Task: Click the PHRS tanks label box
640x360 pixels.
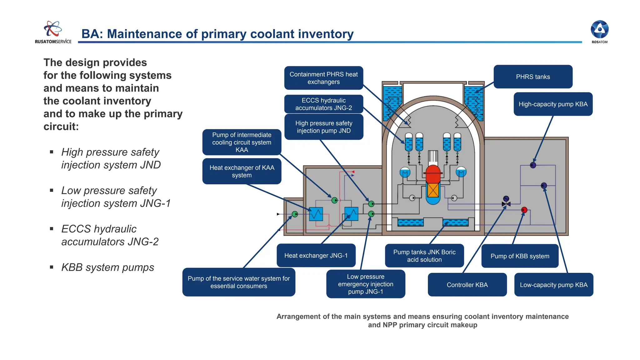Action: tap(533, 77)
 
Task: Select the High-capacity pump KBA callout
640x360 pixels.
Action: tap(553, 104)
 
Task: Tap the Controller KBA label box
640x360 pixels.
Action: tap(467, 285)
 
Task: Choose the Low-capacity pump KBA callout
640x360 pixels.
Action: tap(553, 285)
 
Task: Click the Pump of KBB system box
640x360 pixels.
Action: tap(520, 256)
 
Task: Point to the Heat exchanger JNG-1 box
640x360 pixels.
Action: tap(316, 255)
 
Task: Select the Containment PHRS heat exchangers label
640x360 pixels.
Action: tap(323, 78)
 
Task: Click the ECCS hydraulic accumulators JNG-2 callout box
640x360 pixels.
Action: tap(323, 104)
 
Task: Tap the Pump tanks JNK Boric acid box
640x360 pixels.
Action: tap(424, 256)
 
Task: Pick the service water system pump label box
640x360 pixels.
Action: tap(238, 282)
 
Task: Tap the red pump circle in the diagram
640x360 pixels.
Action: tap(524, 210)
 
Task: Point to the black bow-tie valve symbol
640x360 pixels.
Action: tap(506, 204)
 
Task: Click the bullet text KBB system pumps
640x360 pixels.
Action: tap(107, 267)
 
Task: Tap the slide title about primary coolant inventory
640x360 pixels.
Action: tap(217, 34)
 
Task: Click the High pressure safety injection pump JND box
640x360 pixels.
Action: tap(323, 127)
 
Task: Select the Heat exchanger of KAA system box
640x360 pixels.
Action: tap(242, 171)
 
